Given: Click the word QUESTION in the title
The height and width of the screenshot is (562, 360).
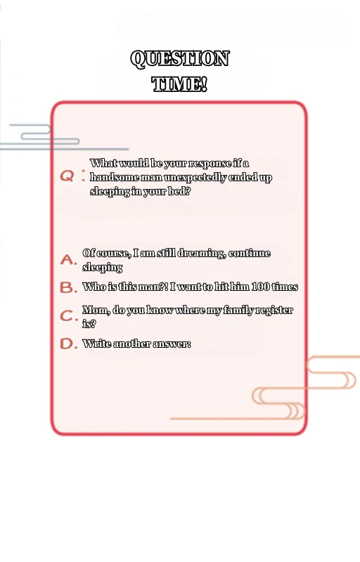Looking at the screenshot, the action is tap(179, 58).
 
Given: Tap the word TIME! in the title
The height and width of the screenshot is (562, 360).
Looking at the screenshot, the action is tap(179, 84).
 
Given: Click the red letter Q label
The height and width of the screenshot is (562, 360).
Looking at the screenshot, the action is tap(67, 176).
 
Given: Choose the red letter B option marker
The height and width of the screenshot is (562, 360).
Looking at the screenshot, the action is tap(67, 287).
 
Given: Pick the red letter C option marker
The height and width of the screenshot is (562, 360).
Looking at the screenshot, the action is tap(67, 315).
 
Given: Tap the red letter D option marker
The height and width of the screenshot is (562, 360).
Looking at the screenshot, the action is tap(67, 344).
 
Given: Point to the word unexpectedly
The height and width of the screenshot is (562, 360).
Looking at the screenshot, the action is tap(196, 178).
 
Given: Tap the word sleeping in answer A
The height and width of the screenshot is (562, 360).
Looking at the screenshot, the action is tap(103, 268).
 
